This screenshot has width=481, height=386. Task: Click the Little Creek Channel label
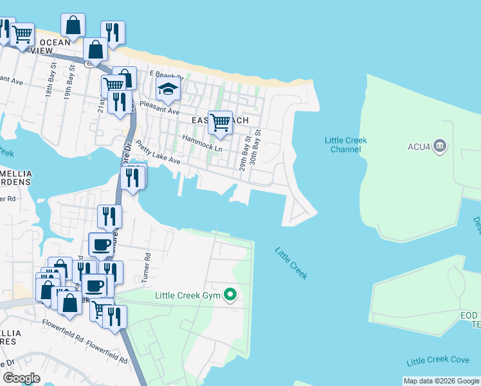[343, 145]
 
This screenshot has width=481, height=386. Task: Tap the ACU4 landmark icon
[440, 146]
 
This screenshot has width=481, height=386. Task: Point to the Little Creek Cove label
[438, 362]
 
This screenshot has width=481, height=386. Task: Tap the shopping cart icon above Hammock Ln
[220, 121]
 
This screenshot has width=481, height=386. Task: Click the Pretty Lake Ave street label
[158, 154]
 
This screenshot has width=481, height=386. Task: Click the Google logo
[21, 378]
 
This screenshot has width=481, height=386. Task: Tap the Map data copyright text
[440, 381]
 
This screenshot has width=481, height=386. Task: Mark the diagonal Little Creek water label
[291, 263]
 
